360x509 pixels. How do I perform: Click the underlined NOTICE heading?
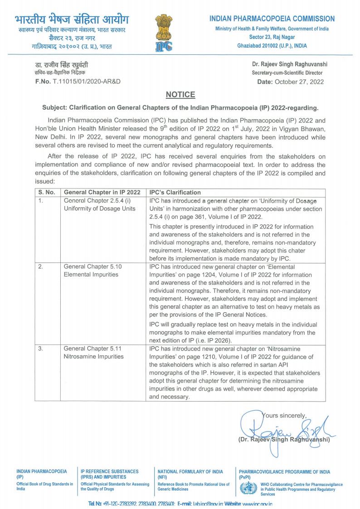click(x=180, y=95)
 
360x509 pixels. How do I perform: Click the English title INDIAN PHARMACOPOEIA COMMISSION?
click(x=272, y=19)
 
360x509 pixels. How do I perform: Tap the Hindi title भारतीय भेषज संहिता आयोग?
click(x=72, y=20)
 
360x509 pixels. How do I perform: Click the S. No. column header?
click(x=47, y=193)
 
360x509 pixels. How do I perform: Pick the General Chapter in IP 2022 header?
click(x=102, y=193)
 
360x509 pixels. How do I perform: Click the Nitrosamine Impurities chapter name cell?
click(x=93, y=356)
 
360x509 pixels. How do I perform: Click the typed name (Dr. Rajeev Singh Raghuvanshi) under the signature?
click(x=283, y=439)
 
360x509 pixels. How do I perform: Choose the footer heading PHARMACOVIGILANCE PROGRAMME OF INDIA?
click(x=284, y=472)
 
